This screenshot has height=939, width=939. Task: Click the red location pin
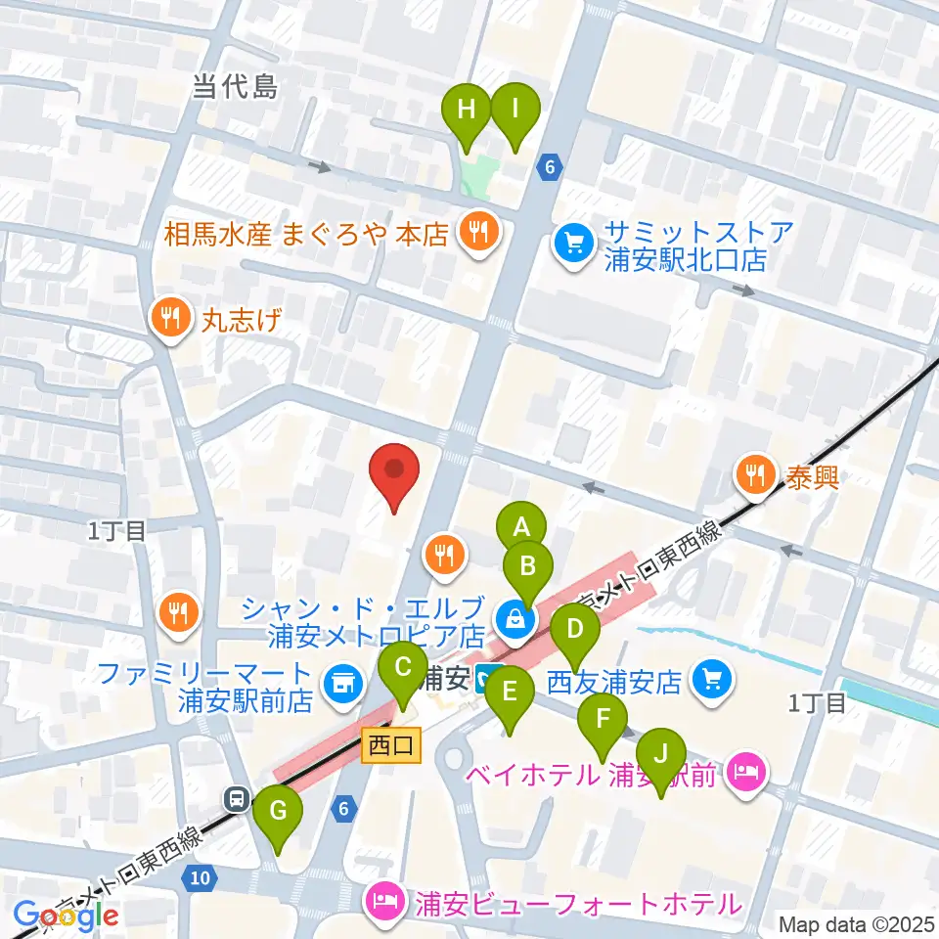pyautogui.click(x=394, y=473)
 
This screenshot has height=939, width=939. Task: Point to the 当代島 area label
pyautogui.click(x=235, y=89)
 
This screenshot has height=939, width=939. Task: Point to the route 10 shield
pyautogui.click(x=199, y=877)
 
